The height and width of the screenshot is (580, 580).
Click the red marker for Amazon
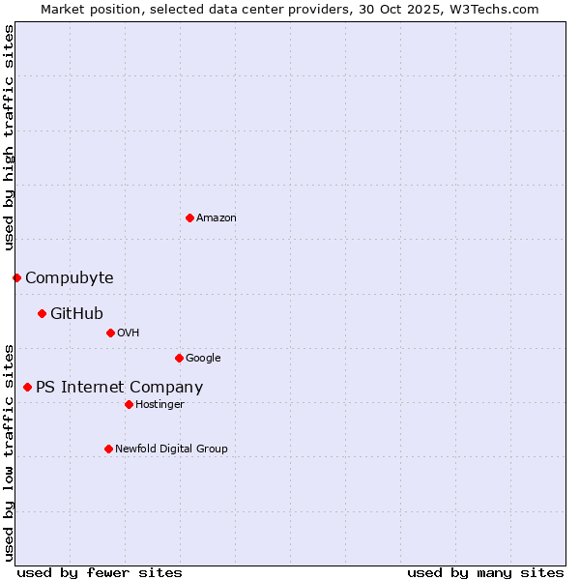pos(189,217)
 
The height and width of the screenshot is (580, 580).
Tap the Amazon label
pos(217,218)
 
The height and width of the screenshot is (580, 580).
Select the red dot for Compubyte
pos(16,277)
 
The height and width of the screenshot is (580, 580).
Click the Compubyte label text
pos(69,278)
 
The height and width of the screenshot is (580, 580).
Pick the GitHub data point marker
pos(42,313)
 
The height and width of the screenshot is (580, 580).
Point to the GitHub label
pos(76,313)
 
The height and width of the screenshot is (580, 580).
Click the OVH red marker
pos(110,333)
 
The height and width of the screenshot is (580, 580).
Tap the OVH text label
pos(129,333)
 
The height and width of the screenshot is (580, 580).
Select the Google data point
pos(179,358)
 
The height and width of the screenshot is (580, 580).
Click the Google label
pos(203,359)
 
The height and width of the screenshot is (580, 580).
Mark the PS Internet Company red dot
pos(27,387)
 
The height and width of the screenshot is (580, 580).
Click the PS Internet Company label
pos(119,388)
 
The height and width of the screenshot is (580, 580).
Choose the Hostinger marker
pos(129,404)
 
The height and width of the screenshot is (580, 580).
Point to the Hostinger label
pos(159,405)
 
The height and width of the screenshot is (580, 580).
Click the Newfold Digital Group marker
pos(108,449)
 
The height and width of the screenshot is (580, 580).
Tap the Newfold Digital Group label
pos(171,449)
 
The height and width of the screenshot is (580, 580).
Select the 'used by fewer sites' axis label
pos(100,572)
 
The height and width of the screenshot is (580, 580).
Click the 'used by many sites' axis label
pos(485,572)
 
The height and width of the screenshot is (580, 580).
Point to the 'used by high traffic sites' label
pos(9,137)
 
